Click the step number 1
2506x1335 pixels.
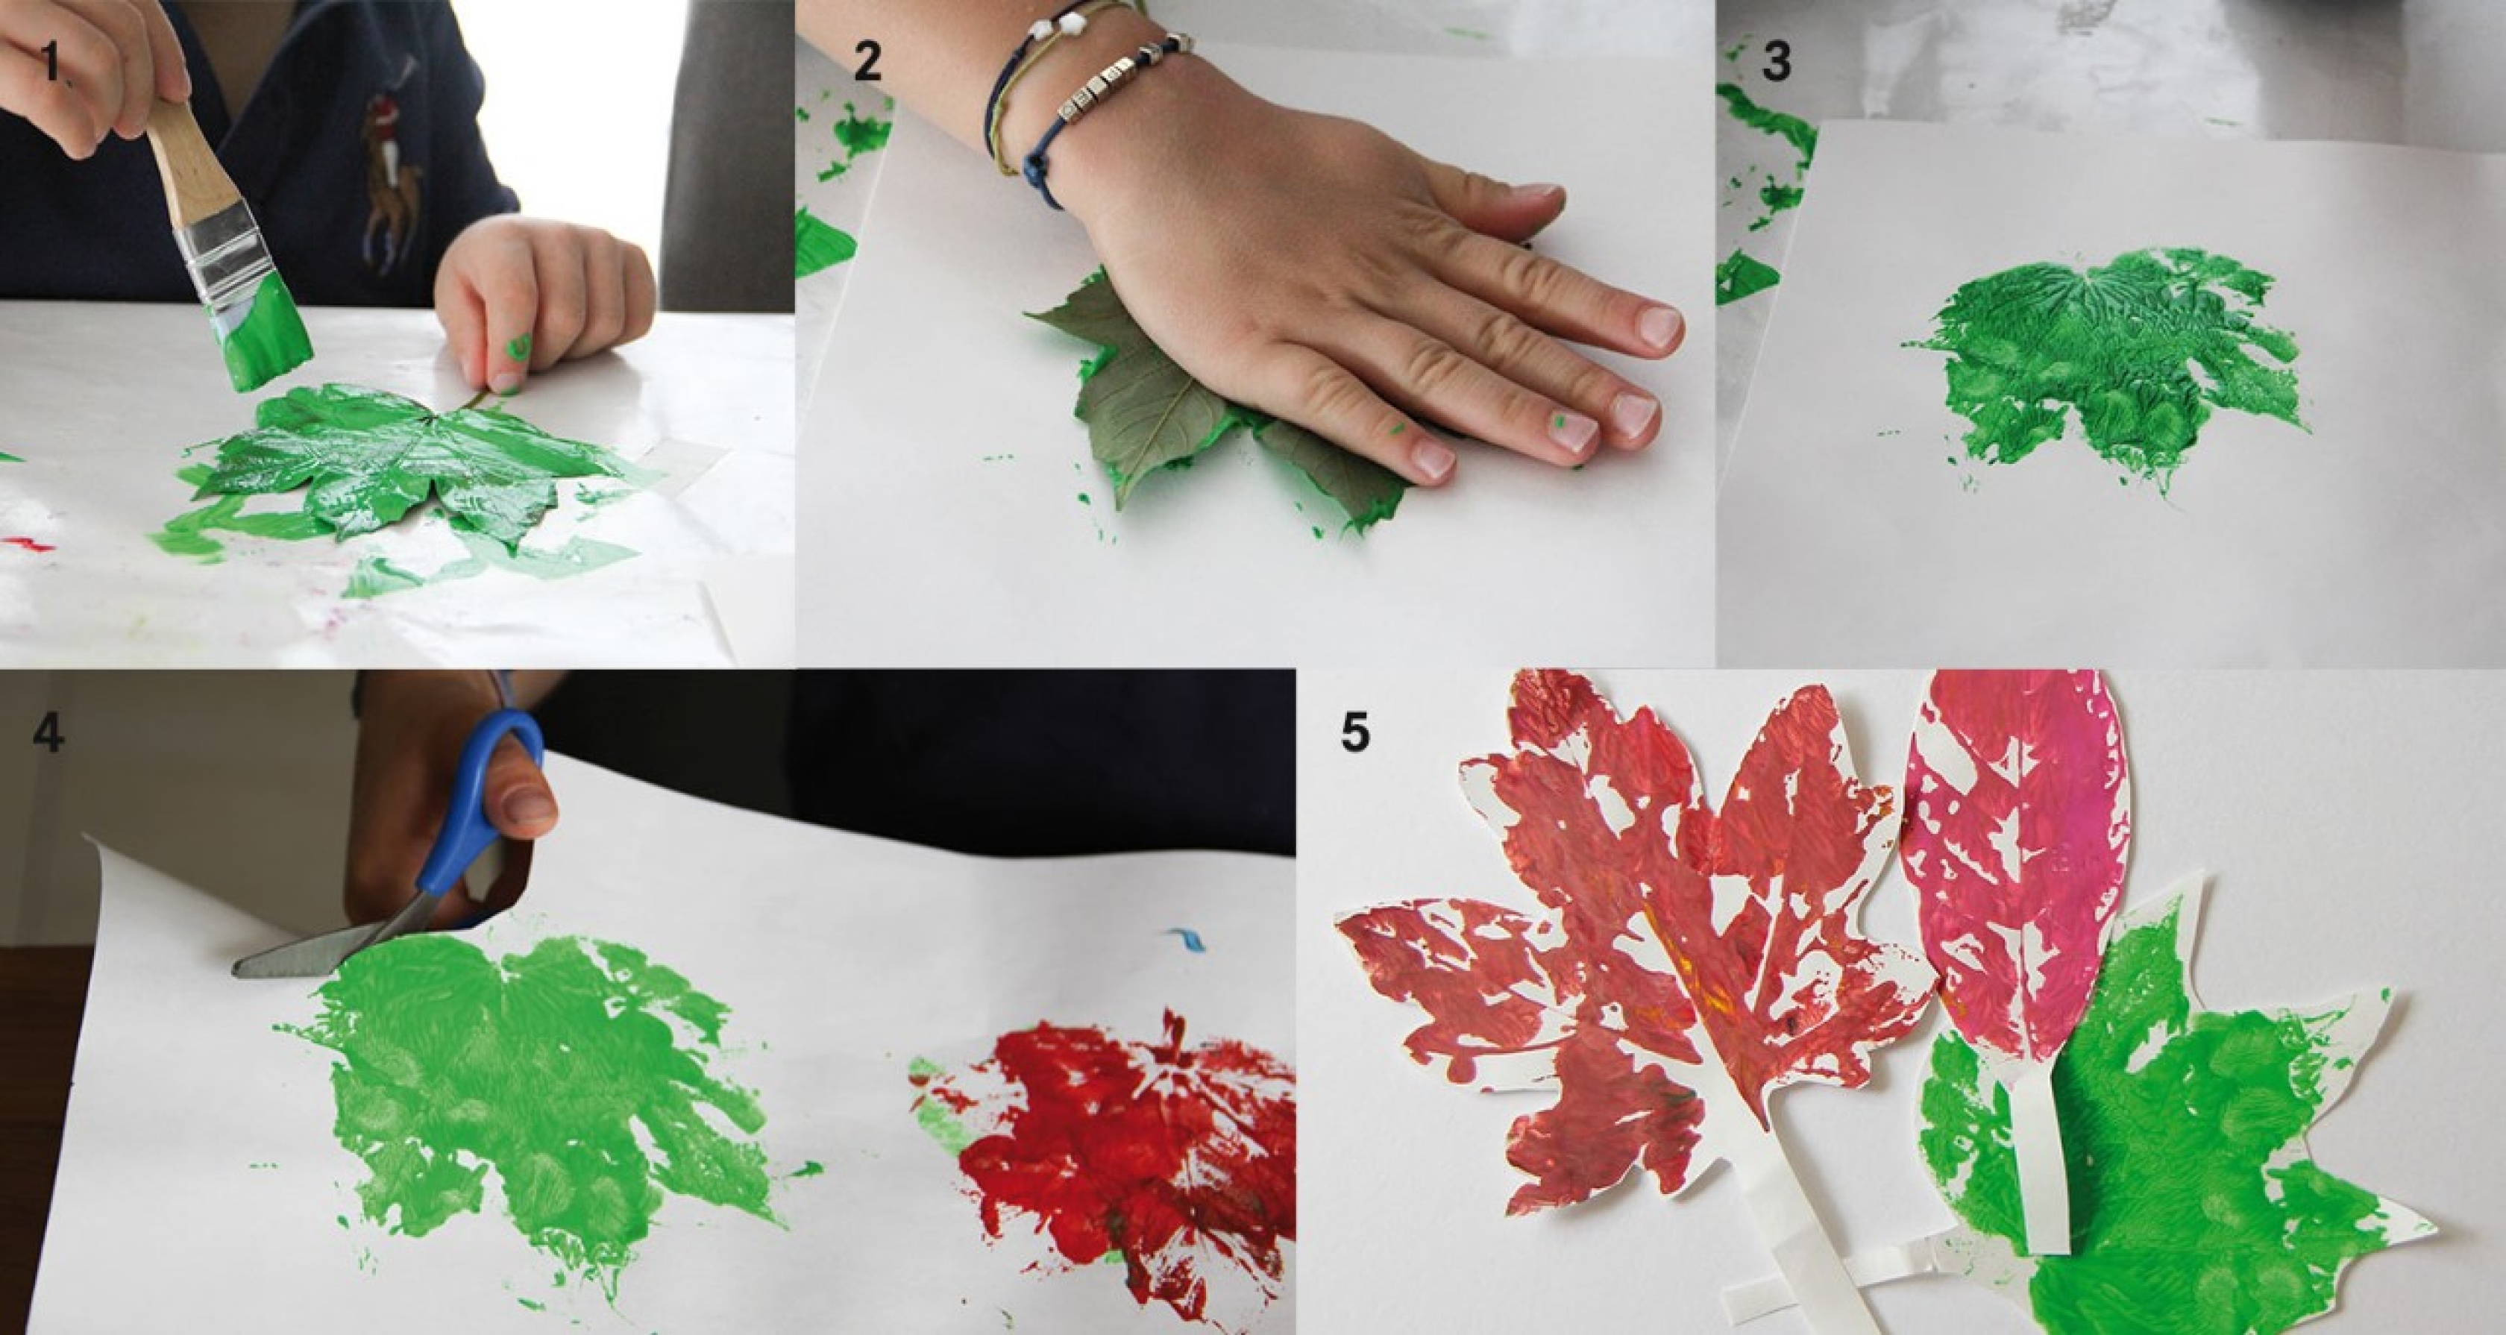pyautogui.click(x=51, y=62)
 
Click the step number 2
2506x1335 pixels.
pyautogui.click(x=867, y=61)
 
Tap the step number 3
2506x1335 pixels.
pyautogui.click(x=1777, y=61)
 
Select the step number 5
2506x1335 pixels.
pyautogui.click(x=1355, y=732)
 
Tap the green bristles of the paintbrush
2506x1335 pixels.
pyautogui.click(x=265, y=331)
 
